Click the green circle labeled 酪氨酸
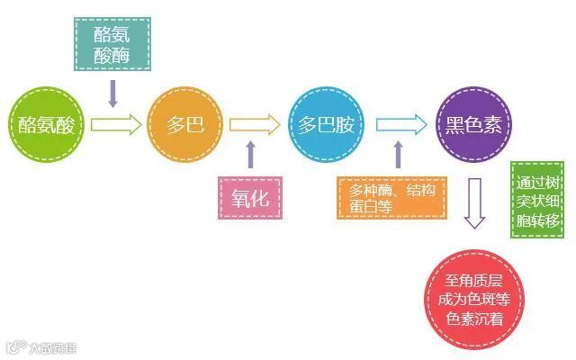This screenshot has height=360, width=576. (46, 124)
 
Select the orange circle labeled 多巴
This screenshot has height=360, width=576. (185, 124)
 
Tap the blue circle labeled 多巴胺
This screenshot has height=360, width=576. (325, 124)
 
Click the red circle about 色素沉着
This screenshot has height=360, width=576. (474, 298)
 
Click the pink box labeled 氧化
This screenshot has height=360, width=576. (250, 199)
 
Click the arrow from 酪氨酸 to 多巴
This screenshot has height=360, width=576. (116, 124)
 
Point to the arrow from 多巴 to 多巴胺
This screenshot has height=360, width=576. (255, 124)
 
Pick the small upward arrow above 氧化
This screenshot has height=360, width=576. (250, 155)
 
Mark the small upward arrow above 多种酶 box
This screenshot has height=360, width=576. (397, 155)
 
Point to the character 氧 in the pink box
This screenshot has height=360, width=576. (239, 199)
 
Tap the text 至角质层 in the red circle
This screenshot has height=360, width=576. (474, 279)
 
